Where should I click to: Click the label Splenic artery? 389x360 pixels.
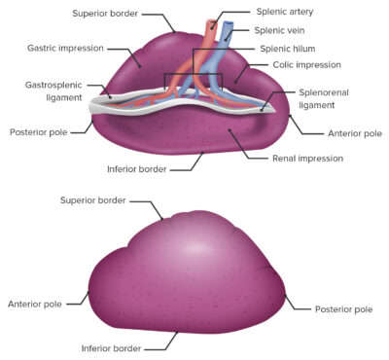point(287,14)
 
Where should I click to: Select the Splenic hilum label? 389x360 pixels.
point(288,48)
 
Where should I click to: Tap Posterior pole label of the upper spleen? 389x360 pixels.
point(38,131)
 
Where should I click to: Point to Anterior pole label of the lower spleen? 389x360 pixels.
point(34,304)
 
